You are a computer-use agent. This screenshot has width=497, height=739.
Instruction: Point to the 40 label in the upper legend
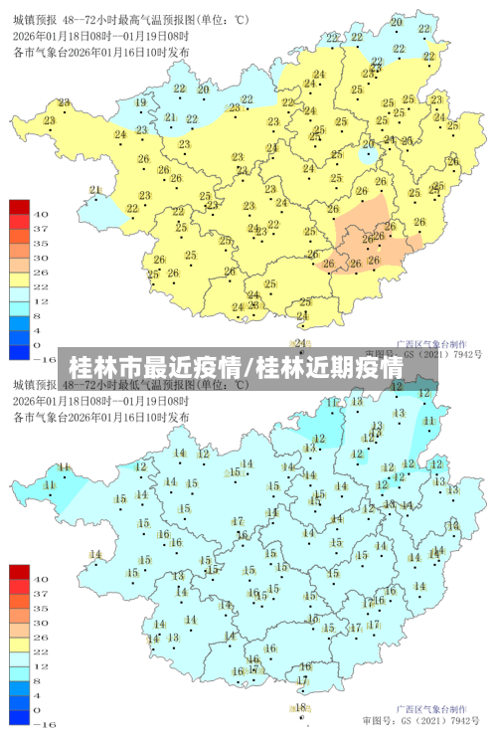coord(41,214)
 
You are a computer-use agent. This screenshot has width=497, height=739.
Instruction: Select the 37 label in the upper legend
coord(41,229)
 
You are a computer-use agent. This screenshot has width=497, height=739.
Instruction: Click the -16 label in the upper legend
coord(44,359)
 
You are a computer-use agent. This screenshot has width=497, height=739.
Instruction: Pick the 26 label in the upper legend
coord(41,272)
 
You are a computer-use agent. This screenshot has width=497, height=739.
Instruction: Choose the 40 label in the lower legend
coord(41,578)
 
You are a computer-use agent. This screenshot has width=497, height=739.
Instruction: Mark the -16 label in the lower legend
coord(44,724)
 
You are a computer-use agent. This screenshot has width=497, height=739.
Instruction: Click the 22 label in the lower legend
coord(41,650)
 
